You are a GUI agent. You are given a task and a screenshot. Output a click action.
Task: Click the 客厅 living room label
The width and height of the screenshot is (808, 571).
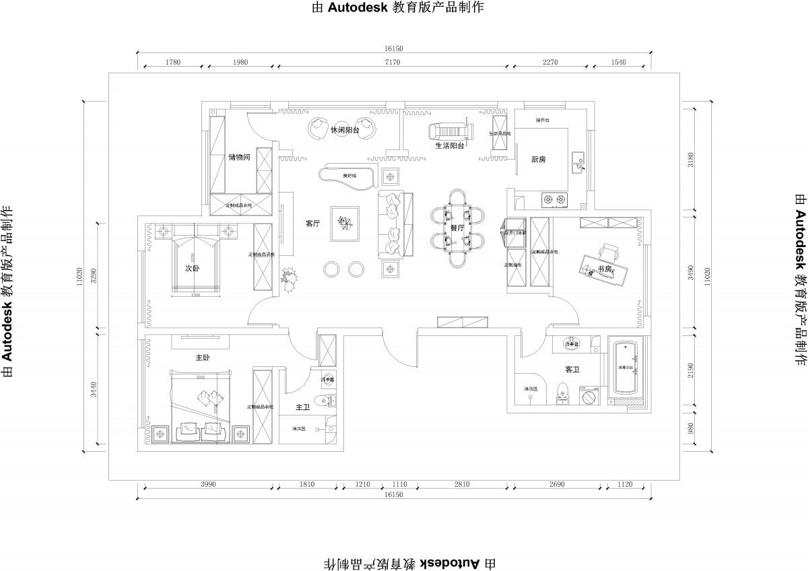point(312,224)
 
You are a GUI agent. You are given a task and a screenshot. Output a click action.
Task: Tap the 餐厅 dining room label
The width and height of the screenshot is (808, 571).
point(457,228)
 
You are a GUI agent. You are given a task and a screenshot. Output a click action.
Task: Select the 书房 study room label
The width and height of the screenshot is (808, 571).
point(604,269)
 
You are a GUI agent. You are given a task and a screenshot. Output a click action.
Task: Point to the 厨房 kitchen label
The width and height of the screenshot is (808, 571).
point(538,160)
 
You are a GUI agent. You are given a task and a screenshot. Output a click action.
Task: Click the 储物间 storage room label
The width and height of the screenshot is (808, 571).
point(239,158)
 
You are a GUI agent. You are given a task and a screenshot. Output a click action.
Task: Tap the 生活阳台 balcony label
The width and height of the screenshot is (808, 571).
point(449,145)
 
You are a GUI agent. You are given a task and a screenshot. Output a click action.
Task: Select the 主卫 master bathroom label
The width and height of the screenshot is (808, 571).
point(302,407)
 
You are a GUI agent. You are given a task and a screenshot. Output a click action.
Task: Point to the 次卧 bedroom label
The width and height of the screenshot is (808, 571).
point(193,267)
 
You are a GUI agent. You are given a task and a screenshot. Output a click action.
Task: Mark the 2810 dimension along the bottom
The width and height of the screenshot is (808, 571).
point(461,484)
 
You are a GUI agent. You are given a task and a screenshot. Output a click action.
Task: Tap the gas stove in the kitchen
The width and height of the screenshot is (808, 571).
point(554,199)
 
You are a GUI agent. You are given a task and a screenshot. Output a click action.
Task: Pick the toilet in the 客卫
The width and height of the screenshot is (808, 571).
point(563,392)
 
